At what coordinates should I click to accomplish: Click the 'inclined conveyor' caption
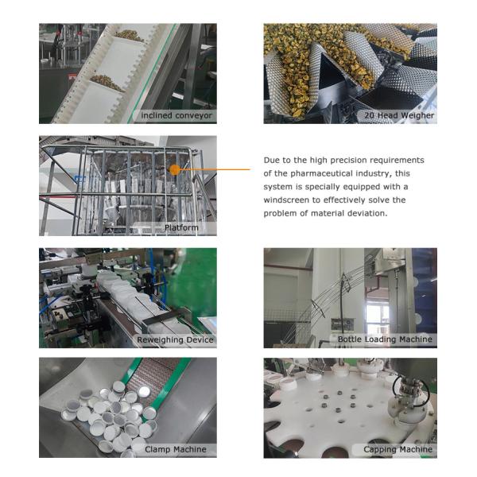[x=177, y=116]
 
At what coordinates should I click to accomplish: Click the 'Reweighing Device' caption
[x=176, y=339]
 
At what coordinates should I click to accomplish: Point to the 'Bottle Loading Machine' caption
[x=385, y=339]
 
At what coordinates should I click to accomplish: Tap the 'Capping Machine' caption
[x=397, y=449]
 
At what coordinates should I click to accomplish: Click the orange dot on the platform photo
[x=175, y=169]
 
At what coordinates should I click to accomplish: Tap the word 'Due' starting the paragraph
[x=272, y=160]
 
